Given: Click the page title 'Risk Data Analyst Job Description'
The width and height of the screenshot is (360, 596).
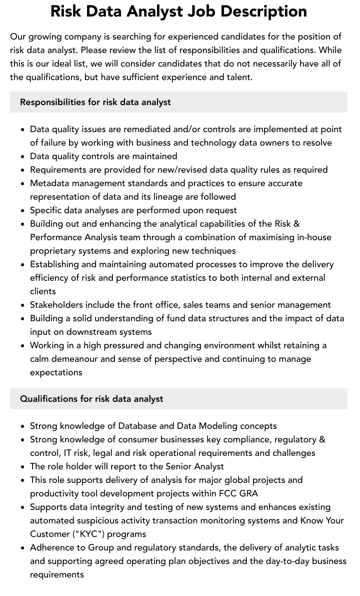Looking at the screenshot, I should coord(179,11).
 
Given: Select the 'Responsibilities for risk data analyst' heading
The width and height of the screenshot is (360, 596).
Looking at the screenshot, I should coord(95,102).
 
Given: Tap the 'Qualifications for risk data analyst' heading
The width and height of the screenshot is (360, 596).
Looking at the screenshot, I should coord(91,399).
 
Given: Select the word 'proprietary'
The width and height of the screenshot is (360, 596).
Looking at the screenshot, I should coord(54,251).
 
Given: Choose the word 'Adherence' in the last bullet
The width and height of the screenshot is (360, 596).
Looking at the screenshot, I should coord(51,547).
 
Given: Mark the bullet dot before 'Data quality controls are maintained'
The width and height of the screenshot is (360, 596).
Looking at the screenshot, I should coord(23,157).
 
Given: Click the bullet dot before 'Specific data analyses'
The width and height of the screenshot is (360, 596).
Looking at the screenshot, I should coord(23,211).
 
